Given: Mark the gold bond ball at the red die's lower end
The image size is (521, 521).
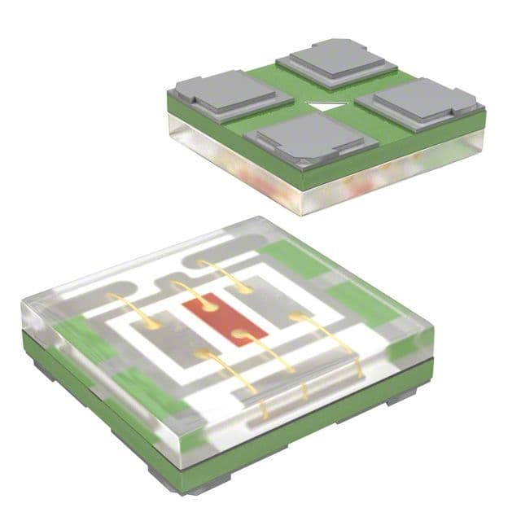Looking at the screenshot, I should (x=238, y=334).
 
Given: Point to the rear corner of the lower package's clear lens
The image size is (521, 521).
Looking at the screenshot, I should (x=259, y=219).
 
